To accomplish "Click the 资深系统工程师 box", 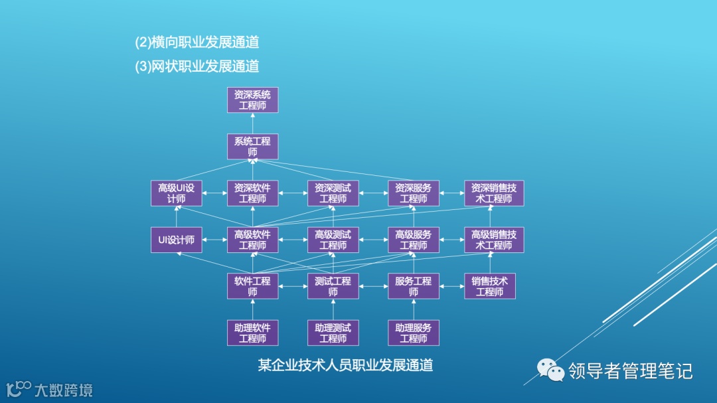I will pos(252,100).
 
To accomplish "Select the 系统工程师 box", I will pos(252,147).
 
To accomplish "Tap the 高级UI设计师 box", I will pos(177,193).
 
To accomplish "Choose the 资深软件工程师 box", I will pos(252,193).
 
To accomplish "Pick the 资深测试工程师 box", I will pos(333,193).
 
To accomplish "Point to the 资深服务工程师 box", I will pos(414,193).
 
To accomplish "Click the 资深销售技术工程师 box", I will pos(494,193).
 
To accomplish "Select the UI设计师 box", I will pos(177,240).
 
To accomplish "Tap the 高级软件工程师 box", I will pos(252,240).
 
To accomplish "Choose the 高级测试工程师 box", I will pos(333,240).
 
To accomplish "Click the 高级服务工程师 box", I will pos(414,240).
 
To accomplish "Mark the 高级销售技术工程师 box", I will pos(494,240).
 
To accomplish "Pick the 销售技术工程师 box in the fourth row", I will pos(490,286).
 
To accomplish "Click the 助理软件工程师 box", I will pos(252,333).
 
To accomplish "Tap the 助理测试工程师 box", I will pos(333,333).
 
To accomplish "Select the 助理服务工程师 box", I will pos(414,333).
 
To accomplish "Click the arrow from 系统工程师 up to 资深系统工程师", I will pos(252,123).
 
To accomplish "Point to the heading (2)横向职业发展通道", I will pos(197,42).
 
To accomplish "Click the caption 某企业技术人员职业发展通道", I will pos(345,365).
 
